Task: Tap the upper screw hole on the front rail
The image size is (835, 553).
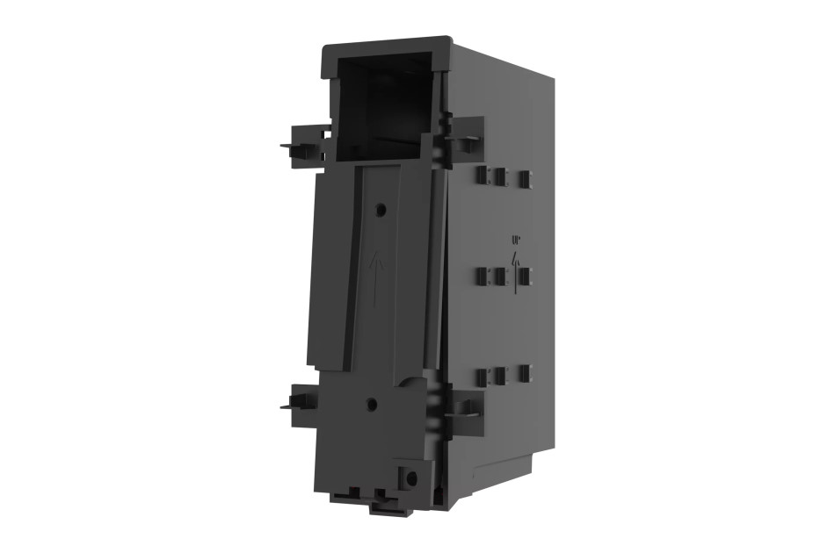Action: click(x=380, y=210)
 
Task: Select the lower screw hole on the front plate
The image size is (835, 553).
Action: click(x=371, y=405)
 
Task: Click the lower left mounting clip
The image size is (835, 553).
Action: click(x=301, y=403)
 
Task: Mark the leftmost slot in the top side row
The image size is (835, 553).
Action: click(x=482, y=176)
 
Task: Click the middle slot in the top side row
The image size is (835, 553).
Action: click(x=499, y=176)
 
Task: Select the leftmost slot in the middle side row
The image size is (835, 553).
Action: click(x=482, y=276)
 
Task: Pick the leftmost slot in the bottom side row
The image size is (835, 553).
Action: click(x=482, y=377)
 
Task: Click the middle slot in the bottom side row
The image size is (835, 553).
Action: click(x=499, y=376)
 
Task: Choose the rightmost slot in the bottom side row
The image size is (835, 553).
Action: click(x=525, y=373)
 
